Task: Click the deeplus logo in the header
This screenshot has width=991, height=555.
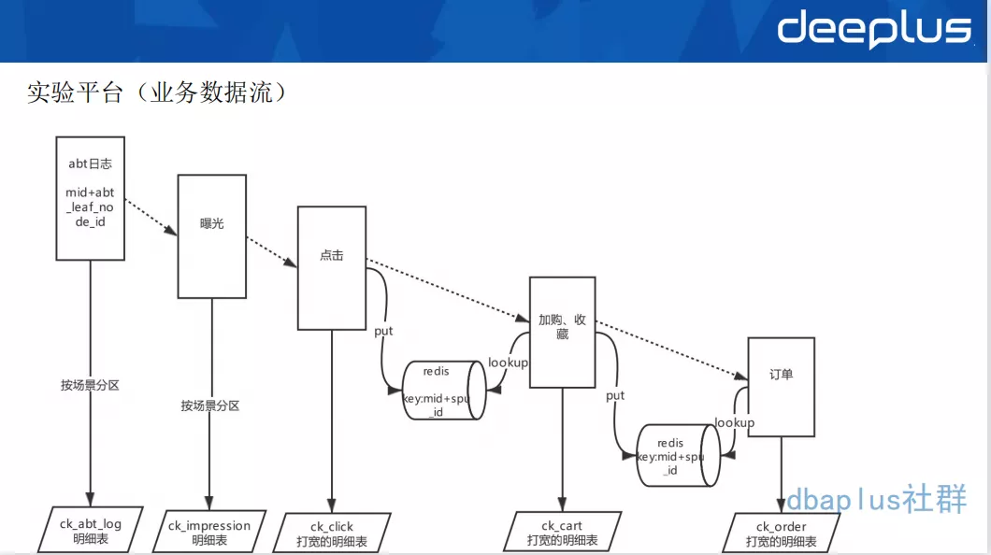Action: tap(874, 31)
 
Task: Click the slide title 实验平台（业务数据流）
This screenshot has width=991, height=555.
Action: tap(155, 92)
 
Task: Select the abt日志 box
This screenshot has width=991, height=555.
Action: tap(91, 197)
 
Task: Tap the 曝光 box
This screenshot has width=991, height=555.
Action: tap(212, 235)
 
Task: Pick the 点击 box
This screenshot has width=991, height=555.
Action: tap(331, 267)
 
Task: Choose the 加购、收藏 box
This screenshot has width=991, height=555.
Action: tap(562, 331)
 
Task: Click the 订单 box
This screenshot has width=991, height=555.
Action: tap(781, 387)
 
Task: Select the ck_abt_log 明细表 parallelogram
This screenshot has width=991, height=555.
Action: tap(91, 531)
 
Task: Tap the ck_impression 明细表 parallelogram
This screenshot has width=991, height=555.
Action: tap(209, 533)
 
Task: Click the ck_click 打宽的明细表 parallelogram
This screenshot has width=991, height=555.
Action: tap(332, 534)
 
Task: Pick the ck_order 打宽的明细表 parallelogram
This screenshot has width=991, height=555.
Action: tap(782, 534)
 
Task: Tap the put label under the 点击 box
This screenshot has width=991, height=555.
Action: tap(383, 331)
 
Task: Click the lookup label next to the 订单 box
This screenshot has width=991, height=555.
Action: tap(735, 422)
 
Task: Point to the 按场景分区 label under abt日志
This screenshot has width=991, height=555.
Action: tap(91, 385)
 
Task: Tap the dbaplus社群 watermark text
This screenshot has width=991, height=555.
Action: tap(876, 500)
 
